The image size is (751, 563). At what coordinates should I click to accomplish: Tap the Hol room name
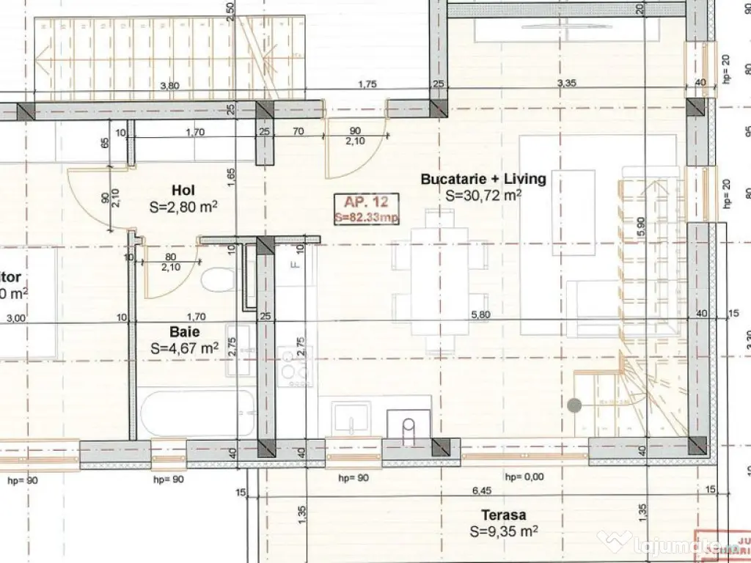[x=183, y=189]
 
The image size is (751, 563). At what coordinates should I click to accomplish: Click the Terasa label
[x=503, y=515]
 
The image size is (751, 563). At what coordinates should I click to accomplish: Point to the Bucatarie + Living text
[x=483, y=179]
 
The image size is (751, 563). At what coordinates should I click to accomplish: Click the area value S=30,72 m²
[x=483, y=196]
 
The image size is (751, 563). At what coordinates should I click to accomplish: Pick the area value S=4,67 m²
[x=183, y=349]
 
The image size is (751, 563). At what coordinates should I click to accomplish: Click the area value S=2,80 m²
[x=183, y=207]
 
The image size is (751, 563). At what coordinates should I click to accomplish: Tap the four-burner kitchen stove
[x=296, y=362]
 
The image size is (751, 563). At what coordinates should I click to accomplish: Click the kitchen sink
[x=353, y=418]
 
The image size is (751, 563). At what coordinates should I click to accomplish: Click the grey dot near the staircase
[x=574, y=404]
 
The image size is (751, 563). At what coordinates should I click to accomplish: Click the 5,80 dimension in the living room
[x=480, y=314]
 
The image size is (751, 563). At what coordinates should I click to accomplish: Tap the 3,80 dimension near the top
[x=169, y=85]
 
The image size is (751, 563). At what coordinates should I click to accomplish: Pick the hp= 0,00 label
[x=524, y=477]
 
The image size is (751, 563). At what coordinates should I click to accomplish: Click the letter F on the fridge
[x=293, y=263]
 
